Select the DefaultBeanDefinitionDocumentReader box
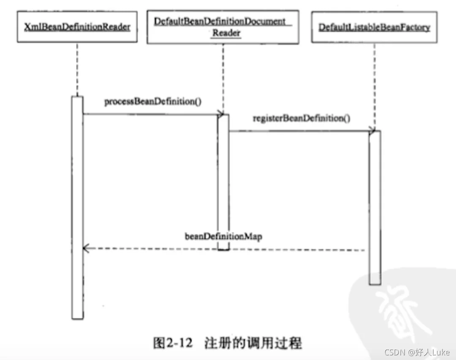pos(223,27)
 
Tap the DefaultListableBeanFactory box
pos(374,27)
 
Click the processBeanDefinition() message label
pos(152,102)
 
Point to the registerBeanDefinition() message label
pos(301,118)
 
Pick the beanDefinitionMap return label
pos(223,236)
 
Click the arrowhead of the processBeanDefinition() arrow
pos(220,114)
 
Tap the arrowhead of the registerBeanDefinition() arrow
pos(372,131)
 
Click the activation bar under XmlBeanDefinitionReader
pos(77,207)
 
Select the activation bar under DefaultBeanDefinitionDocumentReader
pos(223,181)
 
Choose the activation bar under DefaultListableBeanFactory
pos(374,207)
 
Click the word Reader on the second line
pos(226,33)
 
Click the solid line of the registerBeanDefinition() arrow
pos(296,131)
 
